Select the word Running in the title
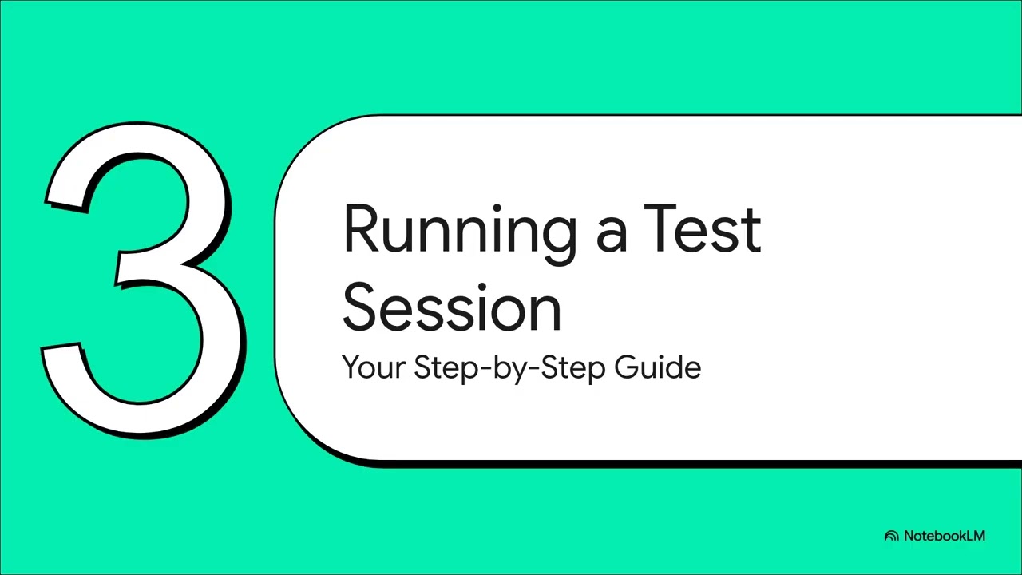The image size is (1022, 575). (458, 230)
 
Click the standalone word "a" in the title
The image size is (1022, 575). (611, 236)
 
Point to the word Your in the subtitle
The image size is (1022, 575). (373, 367)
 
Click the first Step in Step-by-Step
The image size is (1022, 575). (442, 368)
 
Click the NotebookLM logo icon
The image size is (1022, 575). (891, 536)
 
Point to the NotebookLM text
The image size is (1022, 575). (945, 536)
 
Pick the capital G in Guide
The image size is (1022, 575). (628, 367)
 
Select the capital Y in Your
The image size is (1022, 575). (351, 367)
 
